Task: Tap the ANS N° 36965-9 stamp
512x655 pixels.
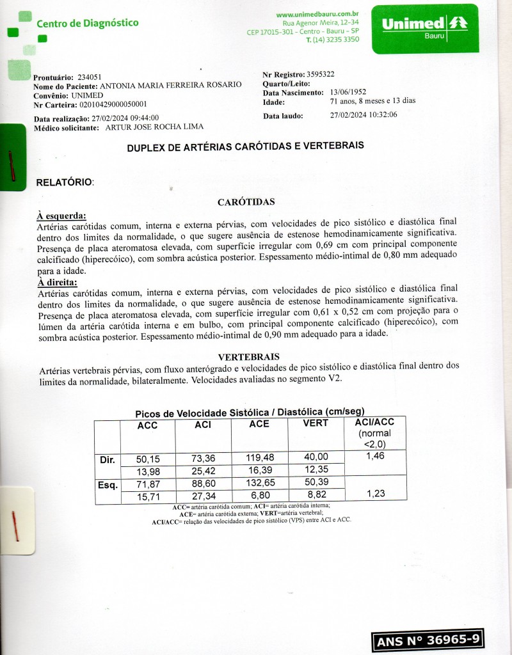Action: [428, 640]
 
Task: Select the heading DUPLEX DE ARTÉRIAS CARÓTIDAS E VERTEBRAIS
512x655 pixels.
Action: [246, 146]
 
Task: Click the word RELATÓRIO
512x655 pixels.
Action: [65, 182]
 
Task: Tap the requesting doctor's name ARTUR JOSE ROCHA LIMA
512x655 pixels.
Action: [146, 128]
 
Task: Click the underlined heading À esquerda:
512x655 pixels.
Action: [61, 216]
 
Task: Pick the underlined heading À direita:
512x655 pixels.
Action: [58, 282]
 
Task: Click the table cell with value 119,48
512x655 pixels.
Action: [259, 457]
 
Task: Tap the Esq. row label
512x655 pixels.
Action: [108, 484]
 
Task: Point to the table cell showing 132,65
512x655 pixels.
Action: [259, 483]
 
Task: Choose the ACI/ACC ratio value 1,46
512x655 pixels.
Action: [375, 457]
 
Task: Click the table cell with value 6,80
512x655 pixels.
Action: [259, 495]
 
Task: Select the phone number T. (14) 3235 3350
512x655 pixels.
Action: [333, 40]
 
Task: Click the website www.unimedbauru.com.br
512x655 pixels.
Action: [317, 13]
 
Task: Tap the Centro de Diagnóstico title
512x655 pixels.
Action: [88, 24]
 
